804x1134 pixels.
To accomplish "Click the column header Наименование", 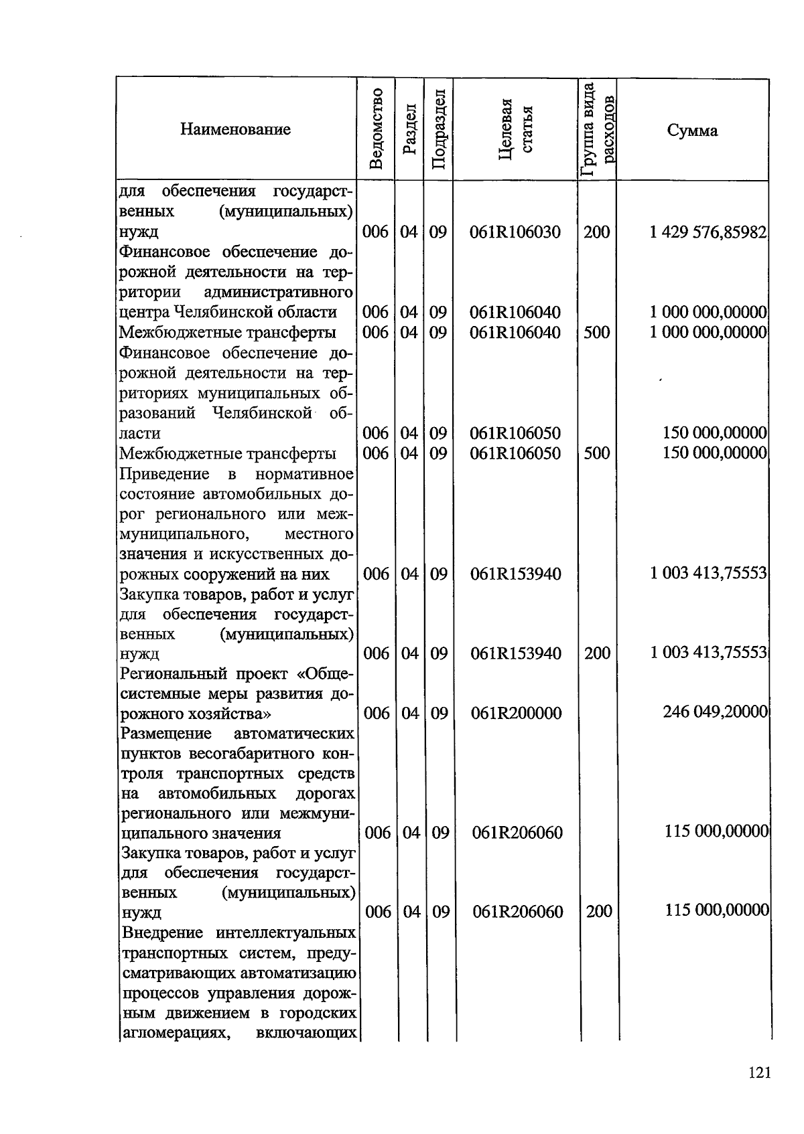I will point(235,130).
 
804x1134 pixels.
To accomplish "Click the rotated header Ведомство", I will point(376,129).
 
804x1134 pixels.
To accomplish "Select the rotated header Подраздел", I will point(438,129).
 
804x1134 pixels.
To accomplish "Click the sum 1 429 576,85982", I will point(708,232).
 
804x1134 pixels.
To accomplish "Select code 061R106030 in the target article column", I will point(515,232).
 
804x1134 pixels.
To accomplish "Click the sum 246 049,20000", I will point(715,712).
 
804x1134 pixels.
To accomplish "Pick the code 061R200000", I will point(516,714).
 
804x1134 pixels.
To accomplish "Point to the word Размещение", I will point(165,734).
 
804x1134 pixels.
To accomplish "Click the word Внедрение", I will point(163,933).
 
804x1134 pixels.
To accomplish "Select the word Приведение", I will point(164,475).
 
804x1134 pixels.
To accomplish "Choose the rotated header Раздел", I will point(409,129).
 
